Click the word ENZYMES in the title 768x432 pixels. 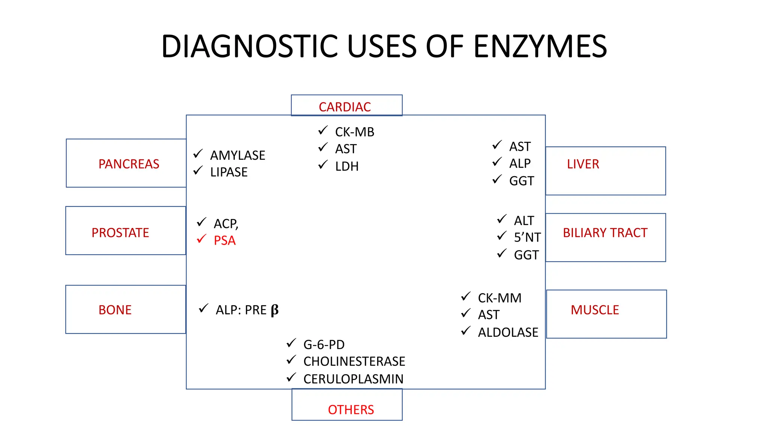pyautogui.click(x=540, y=46)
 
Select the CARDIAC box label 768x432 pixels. pyautogui.click(x=345, y=107)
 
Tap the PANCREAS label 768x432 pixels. pyautogui.click(x=129, y=164)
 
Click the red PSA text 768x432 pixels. pyautogui.click(x=225, y=240)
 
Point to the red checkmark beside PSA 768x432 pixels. pyautogui.click(x=201, y=238)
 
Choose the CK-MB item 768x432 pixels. pyautogui.click(x=354, y=132)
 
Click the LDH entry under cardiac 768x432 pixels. pyautogui.click(x=346, y=166)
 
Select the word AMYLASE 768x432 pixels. pyautogui.click(x=237, y=155)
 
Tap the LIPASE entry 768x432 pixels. pyautogui.click(x=229, y=172)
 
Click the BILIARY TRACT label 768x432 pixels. pyautogui.click(x=605, y=233)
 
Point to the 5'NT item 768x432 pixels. pyautogui.click(x=527, y=237)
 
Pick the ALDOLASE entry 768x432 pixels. pyautogui.click(x=508, y=332)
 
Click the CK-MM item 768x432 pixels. pyautogui.click(x=499, y=298)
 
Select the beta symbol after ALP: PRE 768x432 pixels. pyautogui.click(x=274, y=310)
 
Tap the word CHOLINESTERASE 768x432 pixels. pyautogui.click(x=354, y=361)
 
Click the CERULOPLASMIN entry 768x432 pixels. pyautogui.click(x=353, y=379)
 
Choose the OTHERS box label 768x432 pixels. pyautogui.click(x=351, y=409)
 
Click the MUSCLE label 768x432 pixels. pyautogui.click(x=594, y=310)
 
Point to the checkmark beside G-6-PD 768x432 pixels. pyautogui.click(x=291, y=342)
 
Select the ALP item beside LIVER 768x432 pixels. pyautogui.click(x=520, y=163)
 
